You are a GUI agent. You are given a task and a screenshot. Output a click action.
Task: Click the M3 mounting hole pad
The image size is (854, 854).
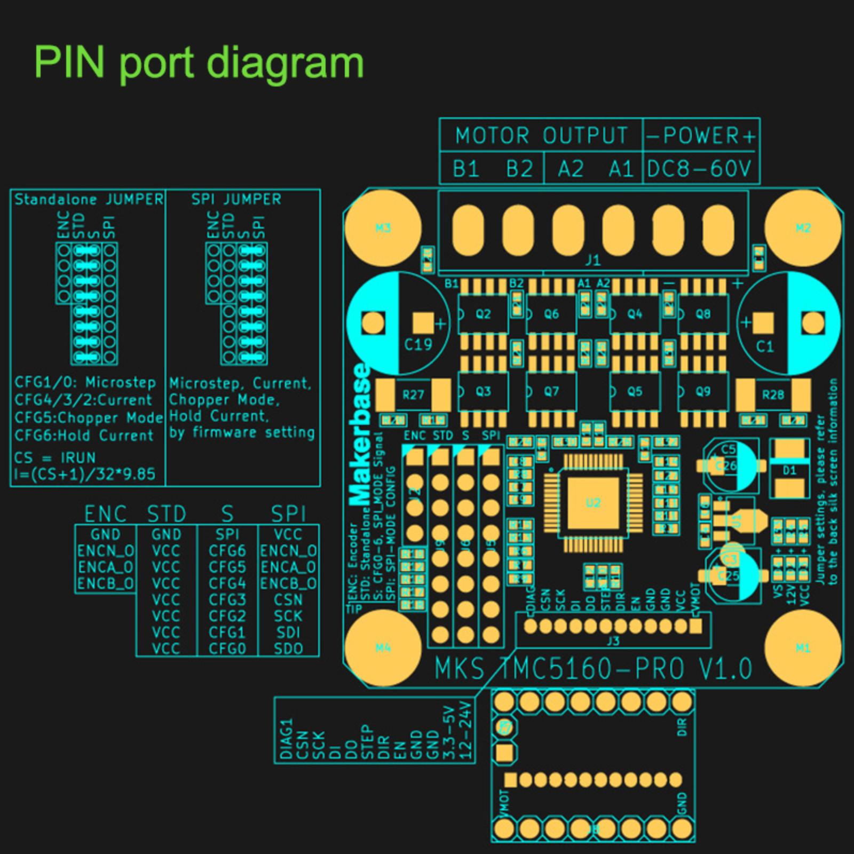(x=383, y=228)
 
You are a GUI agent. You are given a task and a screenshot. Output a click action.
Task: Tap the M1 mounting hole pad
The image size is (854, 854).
(x=803, y=648)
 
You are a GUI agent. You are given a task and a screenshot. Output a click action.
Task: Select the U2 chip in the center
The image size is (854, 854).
(x=593, y=502)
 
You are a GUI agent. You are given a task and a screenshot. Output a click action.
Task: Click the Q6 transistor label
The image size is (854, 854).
(x=551, y=314)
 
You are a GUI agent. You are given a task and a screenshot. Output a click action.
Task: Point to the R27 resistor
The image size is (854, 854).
(x=413, y=394)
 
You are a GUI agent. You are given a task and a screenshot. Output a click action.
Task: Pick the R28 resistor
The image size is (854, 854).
(x=773, y=394)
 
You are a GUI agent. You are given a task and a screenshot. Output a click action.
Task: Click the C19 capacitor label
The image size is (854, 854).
(x=417, y=345)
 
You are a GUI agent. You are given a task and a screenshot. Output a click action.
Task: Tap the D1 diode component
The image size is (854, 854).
(x=789, y=470)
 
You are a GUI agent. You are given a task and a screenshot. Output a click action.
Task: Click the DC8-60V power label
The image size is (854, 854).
(x=700, y=169)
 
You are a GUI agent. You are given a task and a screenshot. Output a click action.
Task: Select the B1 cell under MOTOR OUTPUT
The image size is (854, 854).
(x=465, y=169)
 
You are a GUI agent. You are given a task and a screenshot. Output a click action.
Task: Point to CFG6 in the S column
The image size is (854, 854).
(x=227, y=551)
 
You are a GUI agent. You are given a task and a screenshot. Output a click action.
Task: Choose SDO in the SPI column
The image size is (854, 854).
(x=288, y=649)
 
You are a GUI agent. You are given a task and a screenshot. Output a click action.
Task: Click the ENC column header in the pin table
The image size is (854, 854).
(x=105, y=514)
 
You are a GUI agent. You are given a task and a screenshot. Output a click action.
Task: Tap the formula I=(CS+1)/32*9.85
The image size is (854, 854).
(x=85, y=475)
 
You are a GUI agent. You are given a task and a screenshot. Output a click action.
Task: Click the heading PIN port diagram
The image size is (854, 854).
(x=199, y=63)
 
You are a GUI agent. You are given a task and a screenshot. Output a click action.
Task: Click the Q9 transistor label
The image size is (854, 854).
(x=703, y=391)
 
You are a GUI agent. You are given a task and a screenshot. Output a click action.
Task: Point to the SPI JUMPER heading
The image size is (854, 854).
(x=236, y=200)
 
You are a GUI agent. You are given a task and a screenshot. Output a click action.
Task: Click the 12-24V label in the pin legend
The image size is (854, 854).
(x=466, y=731)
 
